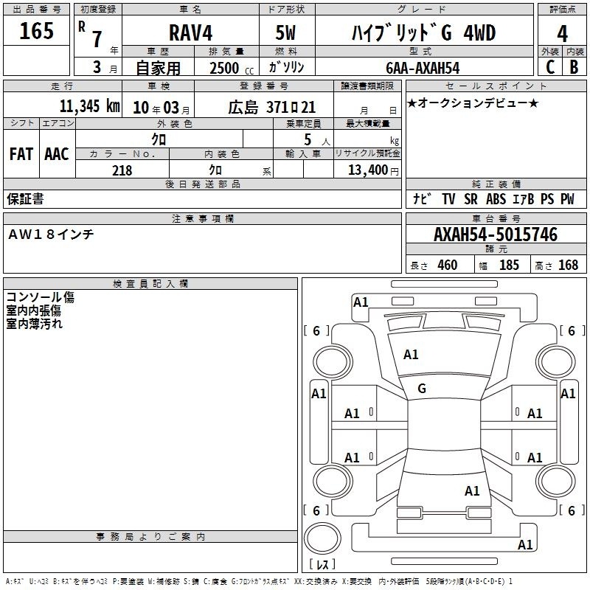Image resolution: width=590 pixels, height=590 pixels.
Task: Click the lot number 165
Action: tap(36, 30)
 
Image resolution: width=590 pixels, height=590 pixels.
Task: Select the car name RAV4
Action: tap(190, 32)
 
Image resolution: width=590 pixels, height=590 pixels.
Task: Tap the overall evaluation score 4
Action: tap(562, 33)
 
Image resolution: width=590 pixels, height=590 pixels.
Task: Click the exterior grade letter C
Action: tap(550, 67)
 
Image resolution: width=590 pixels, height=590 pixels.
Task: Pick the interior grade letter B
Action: tap(574, 67)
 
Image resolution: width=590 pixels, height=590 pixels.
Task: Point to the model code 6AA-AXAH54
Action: tap(423, 68)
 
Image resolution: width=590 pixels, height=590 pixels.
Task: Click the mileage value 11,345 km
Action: tap(89, 106)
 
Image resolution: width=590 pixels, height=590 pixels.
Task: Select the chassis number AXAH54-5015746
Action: tap(496, 235)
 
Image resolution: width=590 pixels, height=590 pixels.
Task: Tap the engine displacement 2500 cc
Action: tap(232, 69)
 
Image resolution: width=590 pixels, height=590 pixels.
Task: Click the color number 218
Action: tap(122, 170)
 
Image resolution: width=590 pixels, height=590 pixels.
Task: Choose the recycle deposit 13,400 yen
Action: tap(373, 170)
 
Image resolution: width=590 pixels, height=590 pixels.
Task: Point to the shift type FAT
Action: tap(21, 154)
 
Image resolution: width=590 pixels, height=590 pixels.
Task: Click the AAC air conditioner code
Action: tap(57, 154)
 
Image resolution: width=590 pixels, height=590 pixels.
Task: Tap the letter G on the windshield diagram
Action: tap(422, 389)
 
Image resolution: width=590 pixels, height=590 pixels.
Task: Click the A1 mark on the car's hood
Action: tap(411, 355)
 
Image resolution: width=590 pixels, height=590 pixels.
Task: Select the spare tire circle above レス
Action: tap(322, 538)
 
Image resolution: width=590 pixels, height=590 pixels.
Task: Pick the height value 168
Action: tap(568, 265)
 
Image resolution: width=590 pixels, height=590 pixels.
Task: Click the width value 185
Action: tap(509, 265)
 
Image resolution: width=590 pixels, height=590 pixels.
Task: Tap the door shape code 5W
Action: tap(285, 32)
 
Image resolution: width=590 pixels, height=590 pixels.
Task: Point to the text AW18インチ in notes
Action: tap(51, 235)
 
